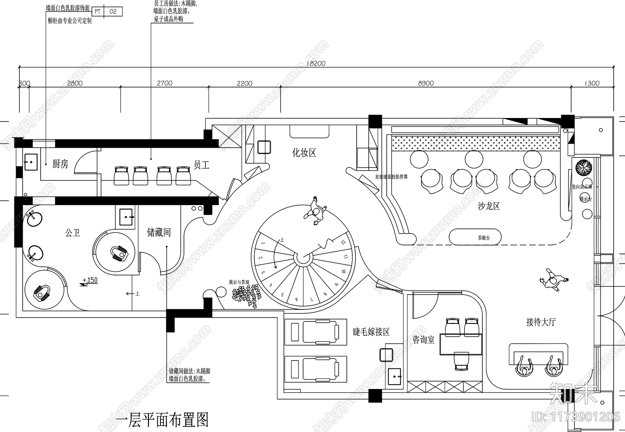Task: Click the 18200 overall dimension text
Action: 316,63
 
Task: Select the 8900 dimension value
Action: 426,83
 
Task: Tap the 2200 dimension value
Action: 245,83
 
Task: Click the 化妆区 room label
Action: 304,153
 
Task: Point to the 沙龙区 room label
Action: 489,206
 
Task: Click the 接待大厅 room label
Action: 541,322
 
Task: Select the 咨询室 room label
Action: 423,340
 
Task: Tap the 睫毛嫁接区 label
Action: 371,332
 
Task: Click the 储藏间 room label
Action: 159,233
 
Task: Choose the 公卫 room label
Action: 73,233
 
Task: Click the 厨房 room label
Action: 60,164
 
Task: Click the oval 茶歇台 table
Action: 475,237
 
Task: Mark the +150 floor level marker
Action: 90,280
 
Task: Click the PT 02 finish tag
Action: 106,12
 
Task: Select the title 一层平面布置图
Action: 162,420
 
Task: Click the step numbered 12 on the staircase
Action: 343,242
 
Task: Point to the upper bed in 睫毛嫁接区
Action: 316,332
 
